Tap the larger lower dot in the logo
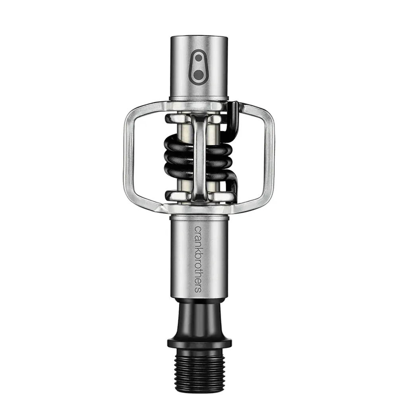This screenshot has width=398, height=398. click(199, 74)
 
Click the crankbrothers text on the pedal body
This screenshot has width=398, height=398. click(198, 259)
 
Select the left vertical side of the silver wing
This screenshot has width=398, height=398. click(129, 157)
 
